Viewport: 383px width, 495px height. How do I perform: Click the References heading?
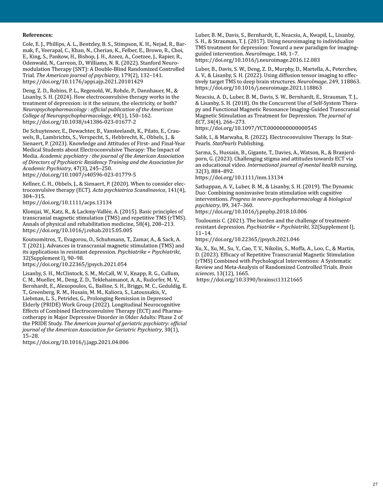tap(37, 35)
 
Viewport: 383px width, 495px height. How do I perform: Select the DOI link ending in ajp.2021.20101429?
tap(83, 81)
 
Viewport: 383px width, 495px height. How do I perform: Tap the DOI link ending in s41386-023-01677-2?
tap(79, 122)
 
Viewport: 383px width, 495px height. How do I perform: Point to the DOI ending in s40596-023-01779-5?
tap(79, 175)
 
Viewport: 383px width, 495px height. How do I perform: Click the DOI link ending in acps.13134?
tap(67, 202)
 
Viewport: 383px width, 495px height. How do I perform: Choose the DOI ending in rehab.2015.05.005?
tap(77, 230)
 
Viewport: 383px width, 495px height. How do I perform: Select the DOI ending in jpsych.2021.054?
tap(74, 264)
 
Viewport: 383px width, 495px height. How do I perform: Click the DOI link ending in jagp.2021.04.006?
tap(76, 342)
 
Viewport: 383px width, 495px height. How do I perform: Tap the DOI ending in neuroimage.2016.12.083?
tap(257, 60)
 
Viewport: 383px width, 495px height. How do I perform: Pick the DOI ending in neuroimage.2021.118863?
tap(259, 88)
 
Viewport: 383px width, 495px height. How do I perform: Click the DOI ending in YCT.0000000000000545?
tap(256, 128)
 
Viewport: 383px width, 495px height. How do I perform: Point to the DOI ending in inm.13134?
tap(239, 178)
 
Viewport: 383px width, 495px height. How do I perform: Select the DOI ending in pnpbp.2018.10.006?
tap(251, 212)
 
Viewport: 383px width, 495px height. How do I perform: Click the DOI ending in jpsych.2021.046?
tap(247, 239)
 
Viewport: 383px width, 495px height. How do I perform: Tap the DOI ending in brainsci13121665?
tap(249, 280)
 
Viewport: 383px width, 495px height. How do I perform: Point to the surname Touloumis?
tap(208, 221)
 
